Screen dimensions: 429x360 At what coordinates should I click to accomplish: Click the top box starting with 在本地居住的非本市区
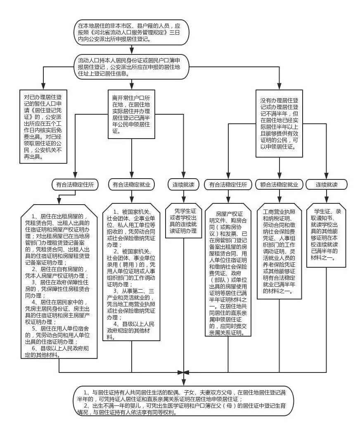pyautogui.click(x=131, y=31)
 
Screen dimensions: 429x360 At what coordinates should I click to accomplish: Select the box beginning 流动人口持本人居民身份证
pyautogui.click(x=131, y=66)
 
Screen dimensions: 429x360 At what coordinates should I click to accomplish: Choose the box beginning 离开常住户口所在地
pyautogui.click(x=131, y=112)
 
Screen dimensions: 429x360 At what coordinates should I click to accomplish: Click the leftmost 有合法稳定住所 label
pyautogui.click(x=75, y=185)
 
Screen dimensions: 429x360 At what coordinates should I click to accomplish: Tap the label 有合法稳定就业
pyautogui.click(x=131, y=185)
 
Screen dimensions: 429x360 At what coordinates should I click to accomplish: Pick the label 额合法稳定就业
pyautogui.click(x=279, y=184)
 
